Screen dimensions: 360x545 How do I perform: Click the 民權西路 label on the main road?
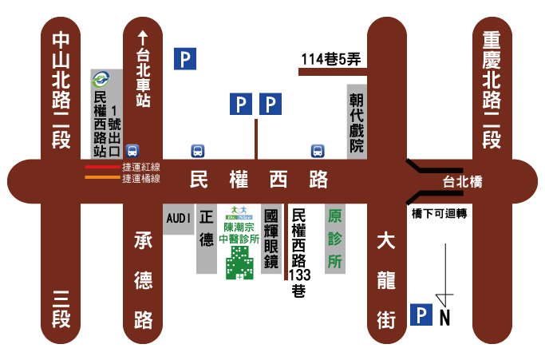[x=259, y=180]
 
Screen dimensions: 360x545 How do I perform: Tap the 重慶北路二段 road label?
[x=492, y=89]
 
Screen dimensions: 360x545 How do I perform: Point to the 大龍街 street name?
[x=386, y=279]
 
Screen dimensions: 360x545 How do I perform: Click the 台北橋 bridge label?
[x=464, y=182]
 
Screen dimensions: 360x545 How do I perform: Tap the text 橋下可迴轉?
[x=439, y=214]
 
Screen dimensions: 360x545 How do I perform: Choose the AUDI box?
[x=178, y=217]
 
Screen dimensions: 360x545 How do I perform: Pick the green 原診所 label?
[x=335, y=238]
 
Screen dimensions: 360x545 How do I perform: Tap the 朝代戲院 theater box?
[x=356, y=122]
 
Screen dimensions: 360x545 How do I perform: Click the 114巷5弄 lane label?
[x=331, y=58]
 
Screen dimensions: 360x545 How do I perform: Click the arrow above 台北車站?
[x=144, y=37]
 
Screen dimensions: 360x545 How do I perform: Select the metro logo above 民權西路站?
[x=101, y=79]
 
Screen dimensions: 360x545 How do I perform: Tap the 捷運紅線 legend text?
[x=141, y=167]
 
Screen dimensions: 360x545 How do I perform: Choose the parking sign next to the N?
[x=420, y=315]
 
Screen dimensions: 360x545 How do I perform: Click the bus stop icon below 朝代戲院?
[x=317, y=150]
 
